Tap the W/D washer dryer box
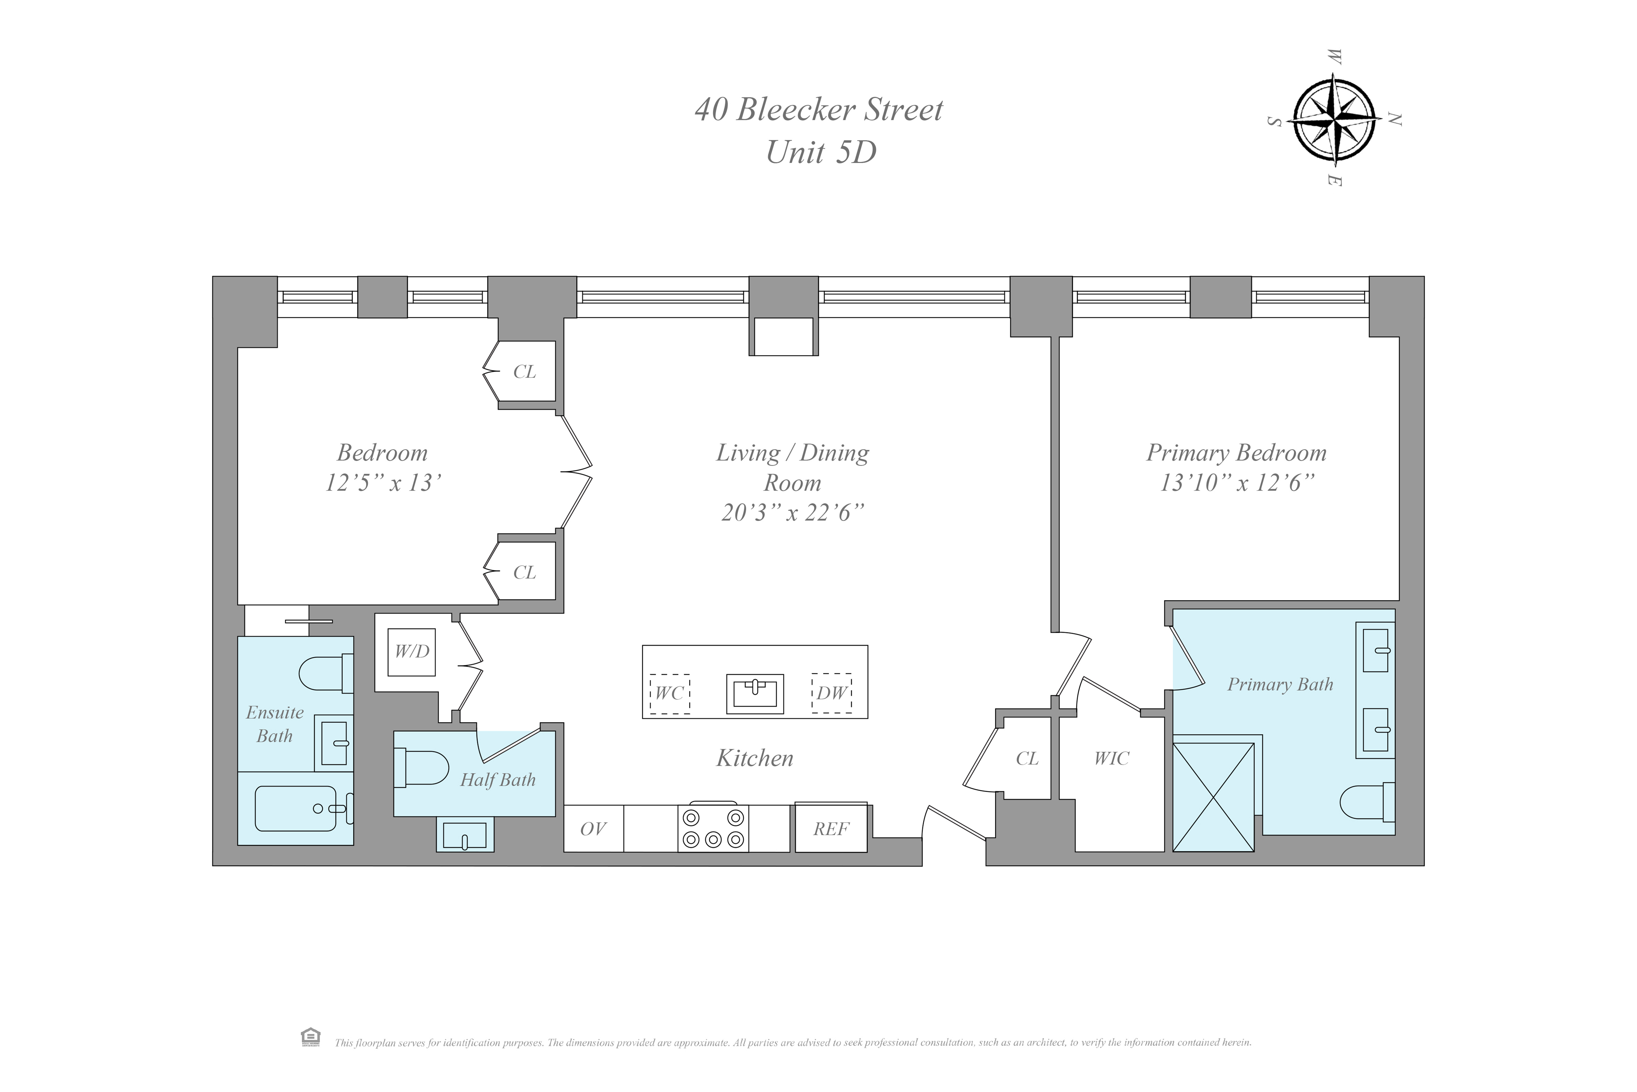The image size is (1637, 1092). coord(412,652)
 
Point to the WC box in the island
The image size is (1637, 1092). coord(670,694)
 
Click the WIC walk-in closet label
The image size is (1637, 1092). coord(1112,758)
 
